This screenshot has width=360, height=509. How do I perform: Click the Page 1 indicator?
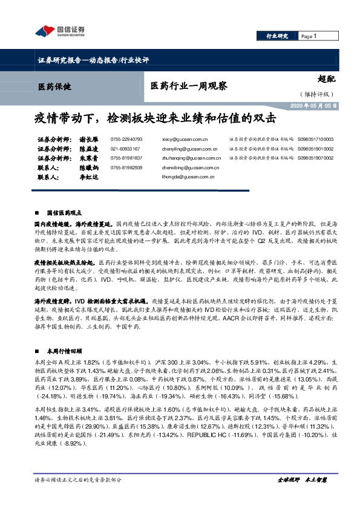pyautogui.click(x=309, y=37)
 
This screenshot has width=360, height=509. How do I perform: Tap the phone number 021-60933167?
pyautogui.click(x=125, y=149)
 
